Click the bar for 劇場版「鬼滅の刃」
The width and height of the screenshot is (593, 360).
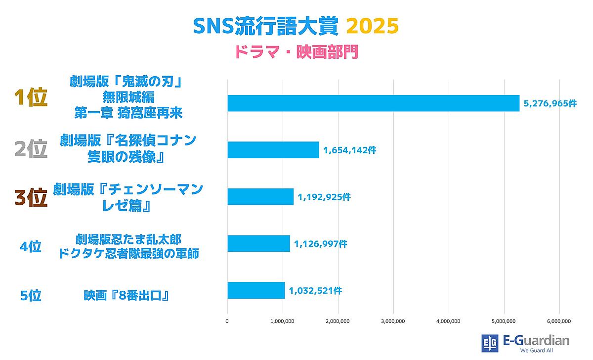click(x=373, y=103)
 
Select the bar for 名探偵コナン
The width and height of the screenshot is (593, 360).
click(x=273, y=150)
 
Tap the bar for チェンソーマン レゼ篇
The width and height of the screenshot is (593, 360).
click(x=260, y=197)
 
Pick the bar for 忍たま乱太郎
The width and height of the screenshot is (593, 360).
click(x=258, y=243)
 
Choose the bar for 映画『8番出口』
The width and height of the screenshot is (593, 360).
click(x=256, y=290)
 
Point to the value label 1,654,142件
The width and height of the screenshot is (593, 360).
click(x=350, y=150)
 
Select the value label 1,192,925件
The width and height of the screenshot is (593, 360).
click(x=324, y=197)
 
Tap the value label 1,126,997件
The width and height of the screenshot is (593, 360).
click(x=321, y=244)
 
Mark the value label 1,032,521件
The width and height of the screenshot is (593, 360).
click(x=315, y=291)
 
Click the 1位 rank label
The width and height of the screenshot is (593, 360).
click(x=31, y=98)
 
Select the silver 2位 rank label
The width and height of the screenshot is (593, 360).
click(x=31, y=149)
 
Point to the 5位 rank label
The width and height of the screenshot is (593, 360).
click(x=31, y=295)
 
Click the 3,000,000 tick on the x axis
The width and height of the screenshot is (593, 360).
click(x=393, y=321)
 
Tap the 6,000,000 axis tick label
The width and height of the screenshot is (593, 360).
click(x=559, y=321)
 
